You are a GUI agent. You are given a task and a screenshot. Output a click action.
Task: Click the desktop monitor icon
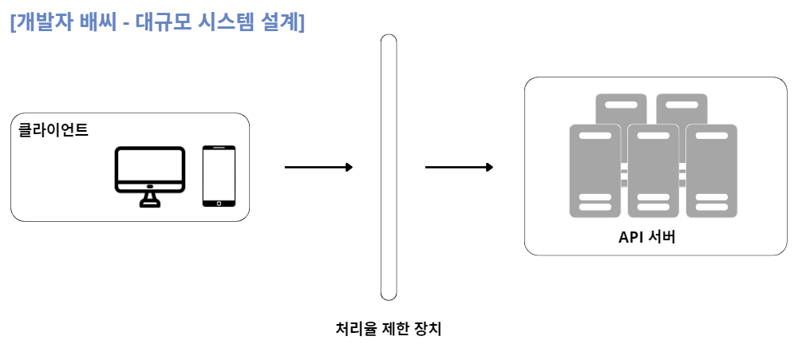point(150,170)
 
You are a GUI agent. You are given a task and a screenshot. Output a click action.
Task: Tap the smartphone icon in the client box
point(219,176)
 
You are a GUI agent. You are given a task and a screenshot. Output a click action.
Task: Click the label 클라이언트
point(53,129)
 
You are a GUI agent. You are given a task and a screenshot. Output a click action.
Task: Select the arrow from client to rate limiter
point(318,168)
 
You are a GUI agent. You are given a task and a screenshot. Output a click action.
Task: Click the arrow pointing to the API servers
point(459,168)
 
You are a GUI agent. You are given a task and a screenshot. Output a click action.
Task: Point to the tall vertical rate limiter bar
point(389,168)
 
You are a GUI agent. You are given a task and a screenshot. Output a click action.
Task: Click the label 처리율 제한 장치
point(389,328)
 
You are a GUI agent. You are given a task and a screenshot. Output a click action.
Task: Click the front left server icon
point(595,171)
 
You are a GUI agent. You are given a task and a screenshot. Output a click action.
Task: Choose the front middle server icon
point(653,171)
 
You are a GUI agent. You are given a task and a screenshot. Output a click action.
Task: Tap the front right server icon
point(711,171)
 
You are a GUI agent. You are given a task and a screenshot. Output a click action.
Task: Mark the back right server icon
point(682,107)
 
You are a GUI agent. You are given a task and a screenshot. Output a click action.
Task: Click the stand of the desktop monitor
point(149,198)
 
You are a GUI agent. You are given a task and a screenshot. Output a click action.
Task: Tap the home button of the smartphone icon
point(219,203)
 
